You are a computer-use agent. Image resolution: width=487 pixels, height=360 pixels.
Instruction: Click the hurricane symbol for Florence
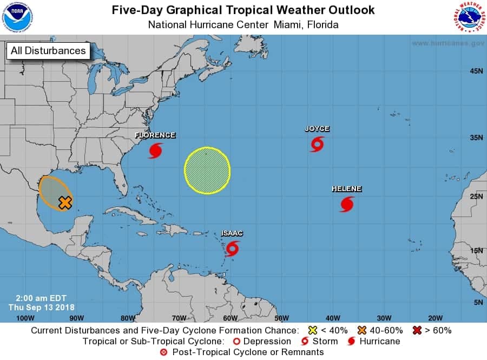155,150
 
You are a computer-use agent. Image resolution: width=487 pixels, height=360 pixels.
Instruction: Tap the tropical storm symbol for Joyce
317,144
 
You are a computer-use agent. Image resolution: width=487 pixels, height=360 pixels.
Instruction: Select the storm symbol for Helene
347,204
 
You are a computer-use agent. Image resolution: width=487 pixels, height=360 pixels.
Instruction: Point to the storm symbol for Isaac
233,248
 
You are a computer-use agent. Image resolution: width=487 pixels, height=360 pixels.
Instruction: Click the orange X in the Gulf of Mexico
65,202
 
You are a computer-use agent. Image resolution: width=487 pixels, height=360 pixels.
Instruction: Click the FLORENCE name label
155,135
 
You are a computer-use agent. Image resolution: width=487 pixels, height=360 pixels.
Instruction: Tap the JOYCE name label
317,129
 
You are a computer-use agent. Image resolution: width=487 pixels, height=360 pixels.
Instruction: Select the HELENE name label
346,189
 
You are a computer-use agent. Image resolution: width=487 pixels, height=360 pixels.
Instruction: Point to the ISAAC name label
232,233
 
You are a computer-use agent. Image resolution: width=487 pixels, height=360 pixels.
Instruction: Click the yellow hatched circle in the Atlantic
207,170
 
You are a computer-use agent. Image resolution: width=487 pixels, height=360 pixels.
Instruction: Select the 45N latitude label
476,71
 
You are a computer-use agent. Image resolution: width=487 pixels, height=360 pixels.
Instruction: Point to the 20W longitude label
435,318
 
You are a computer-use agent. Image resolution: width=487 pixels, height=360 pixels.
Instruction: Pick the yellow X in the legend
312,330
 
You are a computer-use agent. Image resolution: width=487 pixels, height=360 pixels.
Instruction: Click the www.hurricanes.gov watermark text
447,43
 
